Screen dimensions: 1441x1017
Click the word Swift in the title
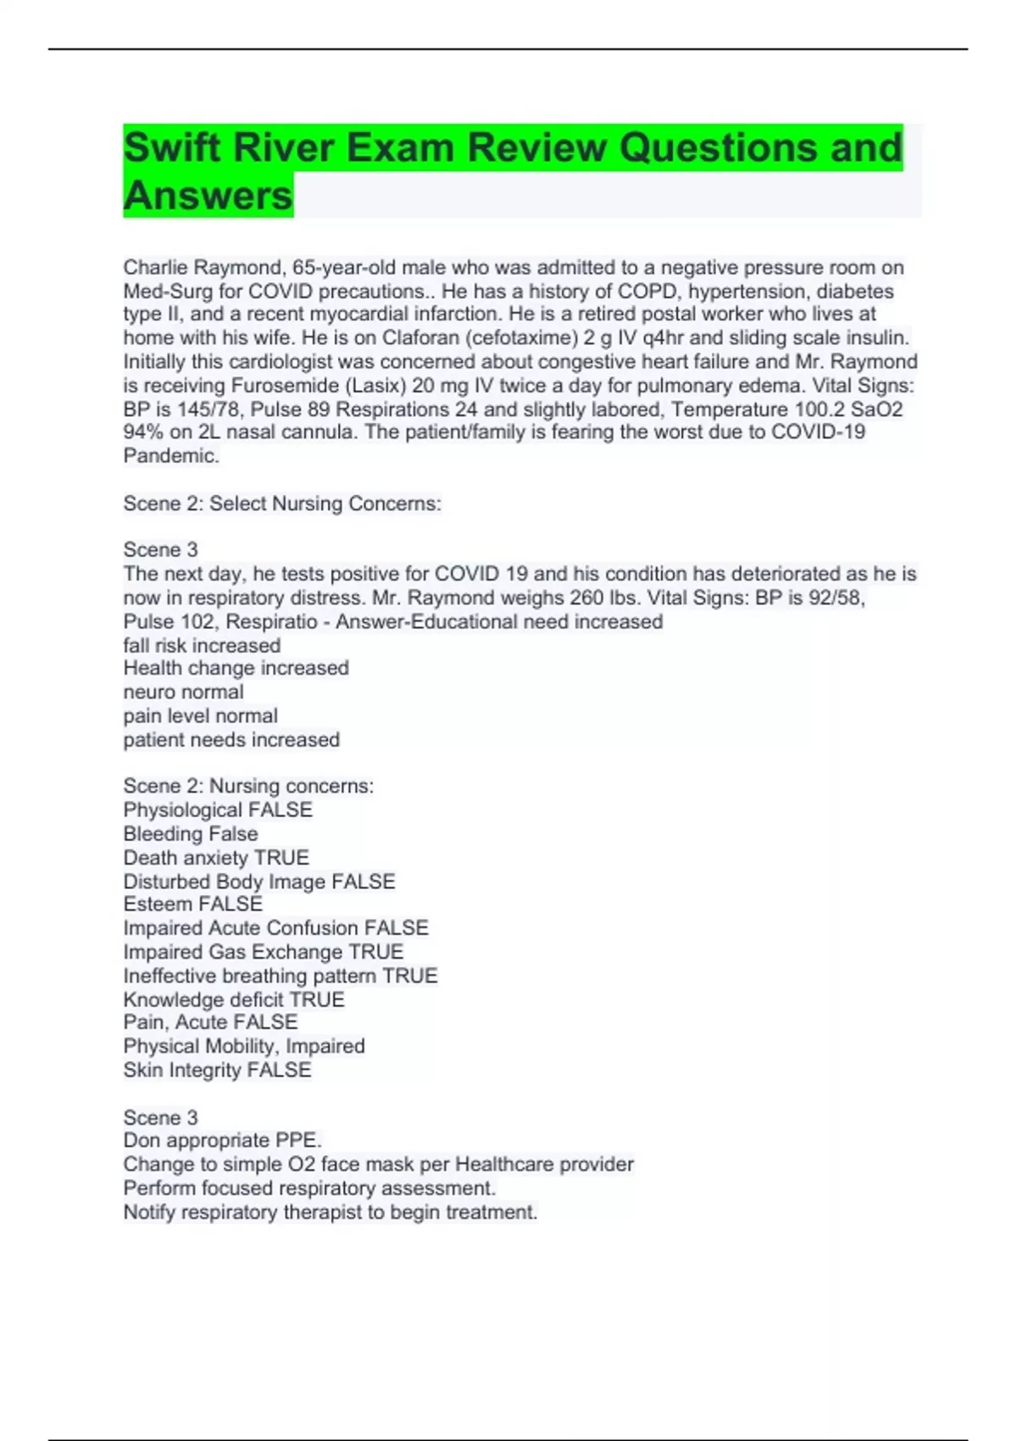[172, 147]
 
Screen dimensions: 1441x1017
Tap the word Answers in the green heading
[208, 196]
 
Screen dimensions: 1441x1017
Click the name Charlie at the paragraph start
[156, 268]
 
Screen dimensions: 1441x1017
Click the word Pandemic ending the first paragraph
[170, 456]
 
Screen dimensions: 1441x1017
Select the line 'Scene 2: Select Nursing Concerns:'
[282, 504]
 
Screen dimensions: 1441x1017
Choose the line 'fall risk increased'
[202, 645]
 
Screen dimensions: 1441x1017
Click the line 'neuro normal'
[183, 693]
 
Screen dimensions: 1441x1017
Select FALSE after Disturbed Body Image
[364, 882]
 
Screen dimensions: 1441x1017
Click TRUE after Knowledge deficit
[317, 1000]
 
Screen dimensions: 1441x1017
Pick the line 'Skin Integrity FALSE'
[217, 1071]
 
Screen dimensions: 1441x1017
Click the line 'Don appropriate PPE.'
[222, 1141]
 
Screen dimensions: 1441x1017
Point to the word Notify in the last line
[149, 1213]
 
